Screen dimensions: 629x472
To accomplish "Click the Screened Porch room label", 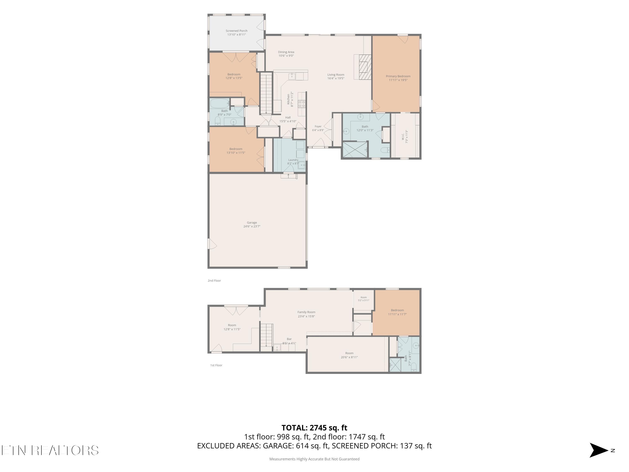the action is (x=237, y=33).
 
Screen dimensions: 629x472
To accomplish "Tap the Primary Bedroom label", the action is (x=398, y=78).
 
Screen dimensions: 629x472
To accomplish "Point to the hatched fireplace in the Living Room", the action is (x=365, y=67).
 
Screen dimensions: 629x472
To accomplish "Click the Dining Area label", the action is (x=286, y=54).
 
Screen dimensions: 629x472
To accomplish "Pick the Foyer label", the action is (x=318, y=128).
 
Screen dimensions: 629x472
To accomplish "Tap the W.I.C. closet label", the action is (x=405, y=137).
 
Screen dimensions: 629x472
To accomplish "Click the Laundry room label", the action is (x=293, y=162).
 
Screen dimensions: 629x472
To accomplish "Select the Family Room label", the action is (x=306, y=314).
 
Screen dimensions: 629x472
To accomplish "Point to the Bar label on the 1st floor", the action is (x=289, y=341).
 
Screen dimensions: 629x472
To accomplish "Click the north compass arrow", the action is (x=599, y=450).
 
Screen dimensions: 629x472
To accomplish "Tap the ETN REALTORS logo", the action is (x=50, y=450).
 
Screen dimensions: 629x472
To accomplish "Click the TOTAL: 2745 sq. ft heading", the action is (x=314, y=428).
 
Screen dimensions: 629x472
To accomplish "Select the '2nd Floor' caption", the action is (x=214, y=280).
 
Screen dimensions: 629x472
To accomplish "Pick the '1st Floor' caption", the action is (x=216, y=365).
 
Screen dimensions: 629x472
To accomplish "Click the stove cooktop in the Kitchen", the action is (x=302, y=104).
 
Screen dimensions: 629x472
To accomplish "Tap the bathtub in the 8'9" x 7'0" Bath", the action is (x=220, y=102).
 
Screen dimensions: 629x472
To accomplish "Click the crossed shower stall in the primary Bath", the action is (x=355, y=149).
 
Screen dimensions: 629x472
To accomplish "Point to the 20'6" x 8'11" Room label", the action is (x=349, y=355).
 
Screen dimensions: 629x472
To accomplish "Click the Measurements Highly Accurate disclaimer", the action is (x=314, y=459).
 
